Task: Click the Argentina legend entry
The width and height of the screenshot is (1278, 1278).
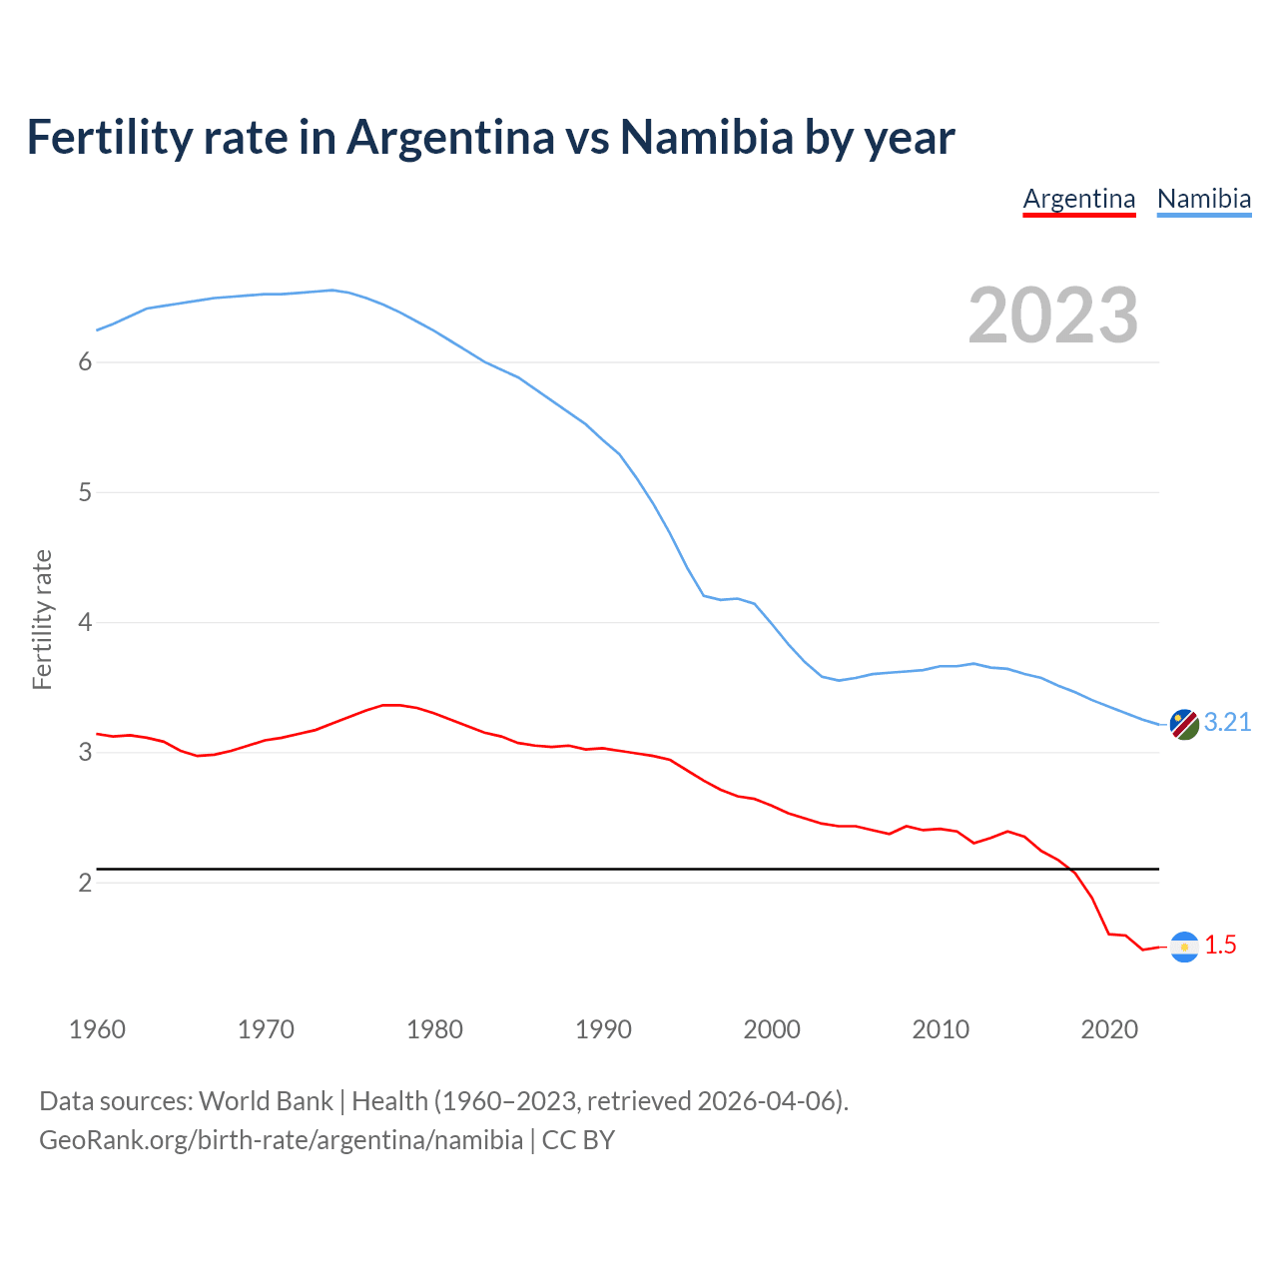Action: point(1079,199)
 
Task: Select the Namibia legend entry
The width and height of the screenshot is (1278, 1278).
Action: point(1204,199)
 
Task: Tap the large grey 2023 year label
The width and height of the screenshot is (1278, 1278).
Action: point(1053,316)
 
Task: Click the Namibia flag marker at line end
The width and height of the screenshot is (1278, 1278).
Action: point(1184,724)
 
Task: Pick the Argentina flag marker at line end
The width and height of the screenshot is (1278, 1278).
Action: point(1184,947)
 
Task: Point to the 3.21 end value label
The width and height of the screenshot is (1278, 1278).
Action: point(1227,723)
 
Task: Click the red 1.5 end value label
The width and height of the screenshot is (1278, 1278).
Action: point(1220,946)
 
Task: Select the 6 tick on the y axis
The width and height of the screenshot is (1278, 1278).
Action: point(85,362)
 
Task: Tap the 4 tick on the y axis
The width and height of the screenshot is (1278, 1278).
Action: point(85,623)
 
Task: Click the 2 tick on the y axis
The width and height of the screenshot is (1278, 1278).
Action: point(85,884)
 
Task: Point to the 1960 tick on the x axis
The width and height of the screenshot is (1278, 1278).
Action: point(97,1029)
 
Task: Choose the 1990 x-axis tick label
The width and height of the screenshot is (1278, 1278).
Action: point(603,1029)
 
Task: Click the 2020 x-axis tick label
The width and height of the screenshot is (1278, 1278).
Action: point(1109,1029)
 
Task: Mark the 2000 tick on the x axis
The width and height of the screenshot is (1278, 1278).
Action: point(772,1029)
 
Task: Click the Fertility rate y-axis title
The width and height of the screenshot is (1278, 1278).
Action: point(42,619)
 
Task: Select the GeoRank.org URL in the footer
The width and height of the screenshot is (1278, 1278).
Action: point(281,1140)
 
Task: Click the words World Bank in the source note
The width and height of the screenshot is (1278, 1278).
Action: point(266,1101)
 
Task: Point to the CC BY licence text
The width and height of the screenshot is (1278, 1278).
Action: point(578,1140)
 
